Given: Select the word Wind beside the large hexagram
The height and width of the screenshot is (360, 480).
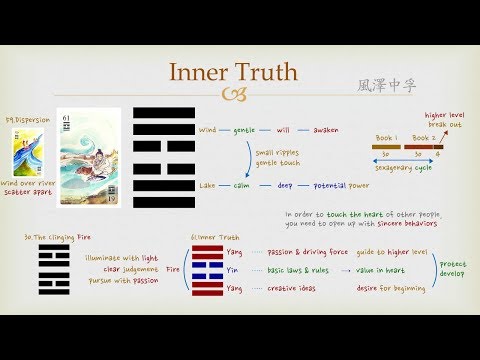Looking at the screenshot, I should click(207, 131).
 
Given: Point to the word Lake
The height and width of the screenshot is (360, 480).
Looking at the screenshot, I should click(207, 185).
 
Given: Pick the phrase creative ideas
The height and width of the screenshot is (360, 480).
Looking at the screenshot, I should click(295, 290).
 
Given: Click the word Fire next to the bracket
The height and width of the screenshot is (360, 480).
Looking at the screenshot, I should click(173, 269).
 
